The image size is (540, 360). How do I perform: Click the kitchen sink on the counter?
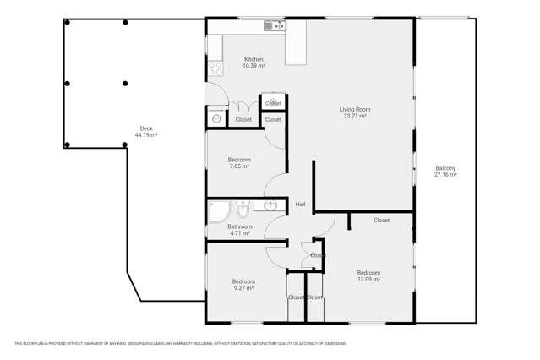pos(273,26)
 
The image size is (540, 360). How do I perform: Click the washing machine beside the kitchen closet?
pos(216,119)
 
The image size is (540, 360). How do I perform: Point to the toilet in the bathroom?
pos(243,208)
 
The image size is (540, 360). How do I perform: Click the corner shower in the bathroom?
pos(218,210)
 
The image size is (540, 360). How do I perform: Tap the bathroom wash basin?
pos(270,205)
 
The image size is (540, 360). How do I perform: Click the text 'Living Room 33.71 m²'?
pos(355,112)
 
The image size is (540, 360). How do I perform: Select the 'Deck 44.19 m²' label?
pos(146,132)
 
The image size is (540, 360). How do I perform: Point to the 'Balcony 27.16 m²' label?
pos(445,172)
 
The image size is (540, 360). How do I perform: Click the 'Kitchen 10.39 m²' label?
pos(254,63)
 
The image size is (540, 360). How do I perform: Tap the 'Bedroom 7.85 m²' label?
pos(239,163)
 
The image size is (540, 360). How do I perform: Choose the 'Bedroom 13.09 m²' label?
pos(368,276)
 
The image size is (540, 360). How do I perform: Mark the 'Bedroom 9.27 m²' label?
pos(243,285)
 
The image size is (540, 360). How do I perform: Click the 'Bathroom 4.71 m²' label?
pos(239,230)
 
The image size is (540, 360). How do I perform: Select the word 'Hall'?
pos(300,205)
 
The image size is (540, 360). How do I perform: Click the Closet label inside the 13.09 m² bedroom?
pos(381,221)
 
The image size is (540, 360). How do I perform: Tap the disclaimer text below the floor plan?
pos(180,343)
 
